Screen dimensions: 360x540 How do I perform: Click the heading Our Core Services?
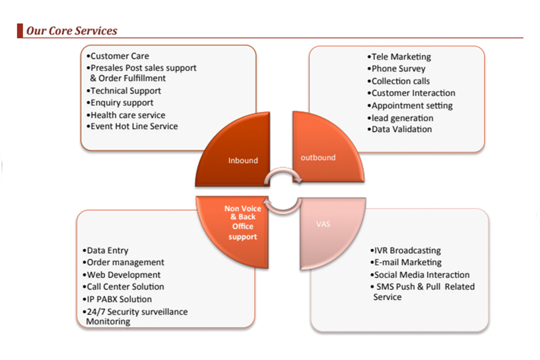click(x=71, y=30)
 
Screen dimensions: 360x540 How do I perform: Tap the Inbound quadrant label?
click(x=243, y=160)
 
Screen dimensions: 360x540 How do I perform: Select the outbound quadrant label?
click(x=318, y=157)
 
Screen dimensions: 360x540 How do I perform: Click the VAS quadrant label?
click(x=323, y=224)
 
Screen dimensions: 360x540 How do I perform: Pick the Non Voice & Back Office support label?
click(x=243, y=222)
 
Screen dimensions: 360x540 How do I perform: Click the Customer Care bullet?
click(x=118, y=56)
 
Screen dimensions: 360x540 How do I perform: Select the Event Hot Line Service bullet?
click(x=132, y=126)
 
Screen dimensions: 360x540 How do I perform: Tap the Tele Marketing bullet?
click(x=400, y=57)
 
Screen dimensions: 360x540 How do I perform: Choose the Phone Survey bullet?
click(x=397, y=69)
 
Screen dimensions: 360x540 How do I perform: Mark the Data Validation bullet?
click(x=400, y=129)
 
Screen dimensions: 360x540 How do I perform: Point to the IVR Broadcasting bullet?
click(x=406, y=250)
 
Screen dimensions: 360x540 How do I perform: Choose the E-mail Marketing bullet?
click(x=407, y=262)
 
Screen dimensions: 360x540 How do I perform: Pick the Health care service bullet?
click(x=127, y=115)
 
